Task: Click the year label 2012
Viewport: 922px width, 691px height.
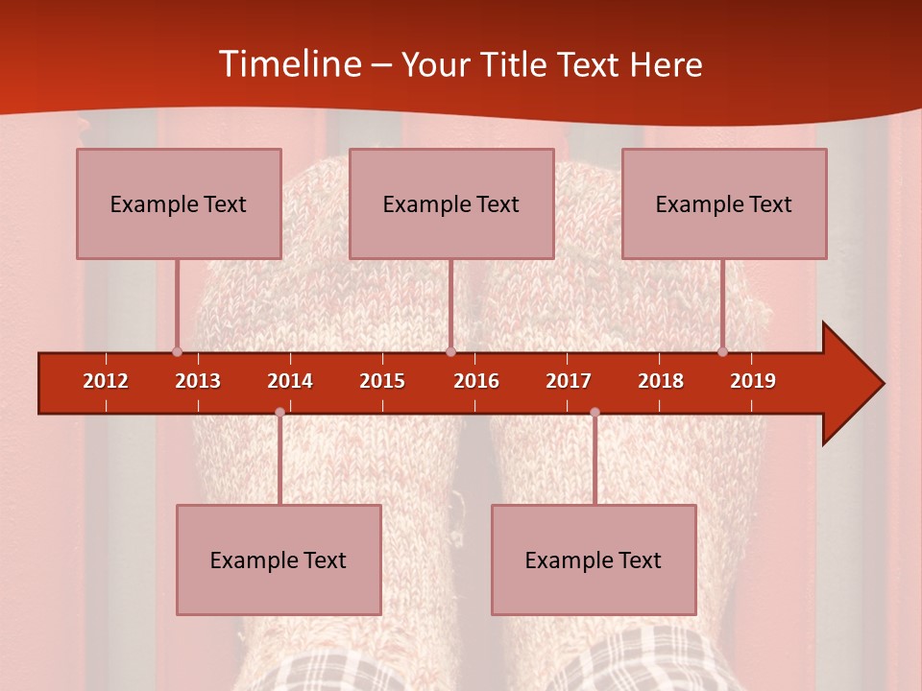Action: click(106, 381)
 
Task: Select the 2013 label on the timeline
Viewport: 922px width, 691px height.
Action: click(198, 381)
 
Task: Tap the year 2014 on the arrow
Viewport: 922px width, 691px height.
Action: click(290, 381)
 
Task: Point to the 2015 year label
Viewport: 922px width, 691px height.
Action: click(382, 381)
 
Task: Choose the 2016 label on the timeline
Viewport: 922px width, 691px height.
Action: click(476, 381)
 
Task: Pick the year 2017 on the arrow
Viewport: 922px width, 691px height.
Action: click(569, 381)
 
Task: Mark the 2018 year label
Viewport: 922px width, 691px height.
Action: click(661, 381)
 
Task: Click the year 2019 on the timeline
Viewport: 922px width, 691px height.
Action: click(753, 381)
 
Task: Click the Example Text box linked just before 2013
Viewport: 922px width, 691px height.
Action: click(179, 203)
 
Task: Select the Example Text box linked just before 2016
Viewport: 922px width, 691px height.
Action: click(451, 203)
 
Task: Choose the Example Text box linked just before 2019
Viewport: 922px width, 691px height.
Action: click(724, 203)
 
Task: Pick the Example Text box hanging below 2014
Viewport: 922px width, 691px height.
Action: click(279, 560)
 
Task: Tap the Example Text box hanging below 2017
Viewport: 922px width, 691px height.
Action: click(594, 560)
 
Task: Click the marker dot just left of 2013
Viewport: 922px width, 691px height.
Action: click(177, 351)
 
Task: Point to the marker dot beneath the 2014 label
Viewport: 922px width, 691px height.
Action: click(279, 412)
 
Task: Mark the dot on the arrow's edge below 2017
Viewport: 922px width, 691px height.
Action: click(594, 412)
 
